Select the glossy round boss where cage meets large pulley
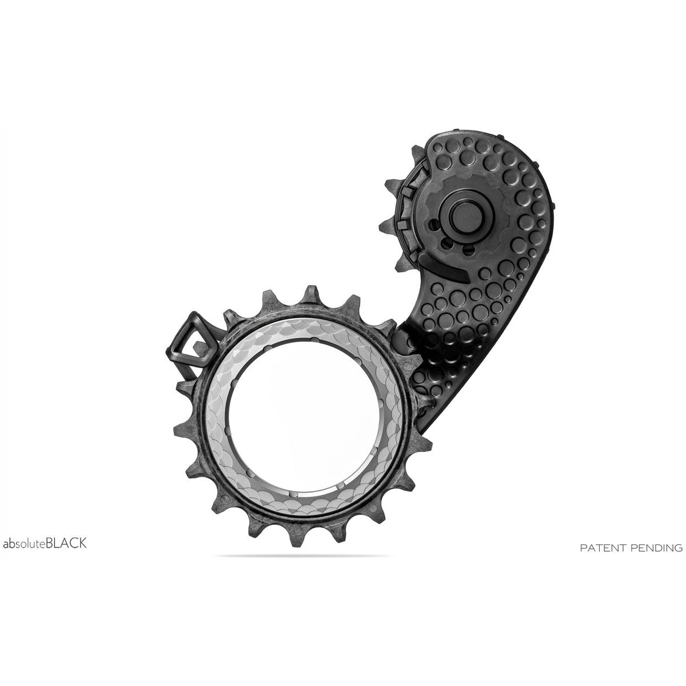(x=404, y=343)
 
